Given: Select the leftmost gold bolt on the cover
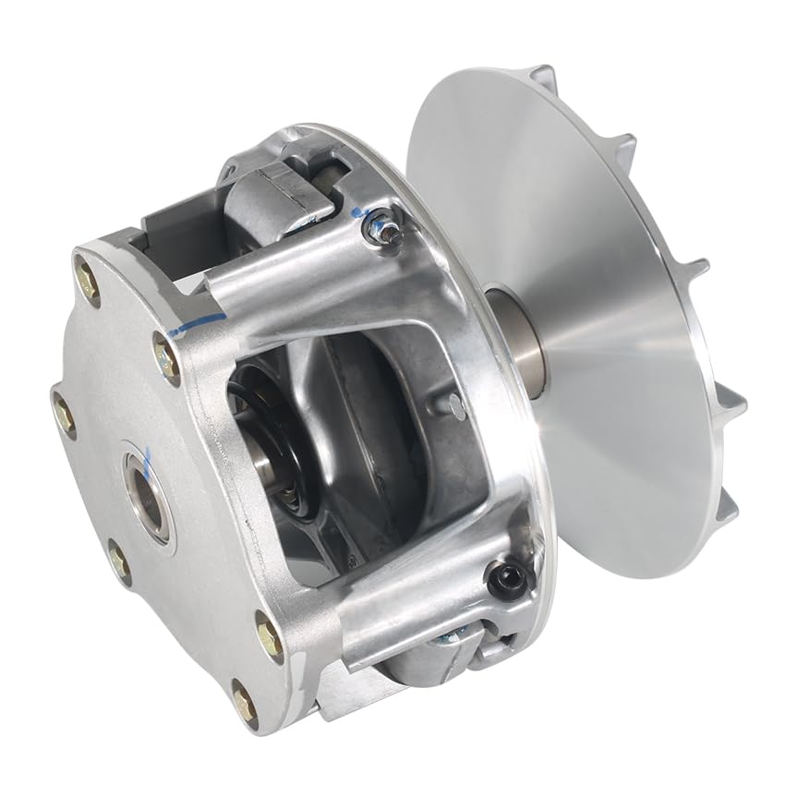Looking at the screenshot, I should pos(65,417).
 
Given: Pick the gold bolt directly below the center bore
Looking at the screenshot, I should pos(119,557).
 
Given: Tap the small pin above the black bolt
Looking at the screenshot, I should pos(454,403).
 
